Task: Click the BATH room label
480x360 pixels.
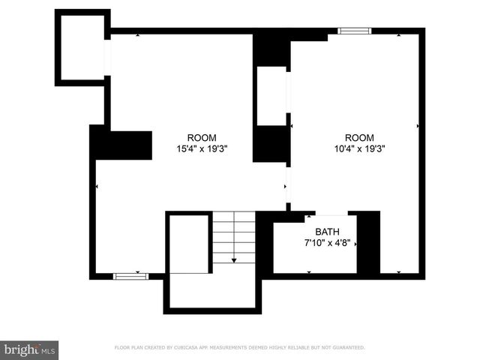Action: coord(327,232)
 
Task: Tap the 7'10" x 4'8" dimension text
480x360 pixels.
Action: coord(327,243)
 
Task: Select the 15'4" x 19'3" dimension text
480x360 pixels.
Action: coord(202,148)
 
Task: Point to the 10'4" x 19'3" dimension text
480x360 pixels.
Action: coord(359,148)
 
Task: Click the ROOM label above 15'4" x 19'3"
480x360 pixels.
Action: coord(202,137)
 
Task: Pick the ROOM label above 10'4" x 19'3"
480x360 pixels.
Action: coord(359,137)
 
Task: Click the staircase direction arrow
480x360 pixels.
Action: coord(234,259)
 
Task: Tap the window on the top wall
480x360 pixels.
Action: coord(354,31)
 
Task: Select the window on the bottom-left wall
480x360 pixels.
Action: coord(130,276)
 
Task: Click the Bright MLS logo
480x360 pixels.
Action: coord(30,349)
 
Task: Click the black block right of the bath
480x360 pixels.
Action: coord(368,242)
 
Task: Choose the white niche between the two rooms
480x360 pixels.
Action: coord(271,95)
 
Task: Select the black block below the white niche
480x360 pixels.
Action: coord(271,143)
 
